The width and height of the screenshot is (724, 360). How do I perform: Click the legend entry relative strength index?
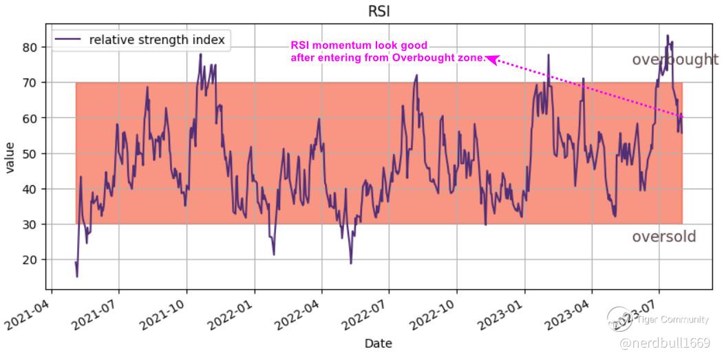156,40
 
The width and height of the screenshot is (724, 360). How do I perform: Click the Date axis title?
379,343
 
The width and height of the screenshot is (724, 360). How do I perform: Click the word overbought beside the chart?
674,61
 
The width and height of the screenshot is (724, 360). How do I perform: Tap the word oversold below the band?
663,237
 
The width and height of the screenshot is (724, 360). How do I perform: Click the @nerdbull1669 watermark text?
665,342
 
